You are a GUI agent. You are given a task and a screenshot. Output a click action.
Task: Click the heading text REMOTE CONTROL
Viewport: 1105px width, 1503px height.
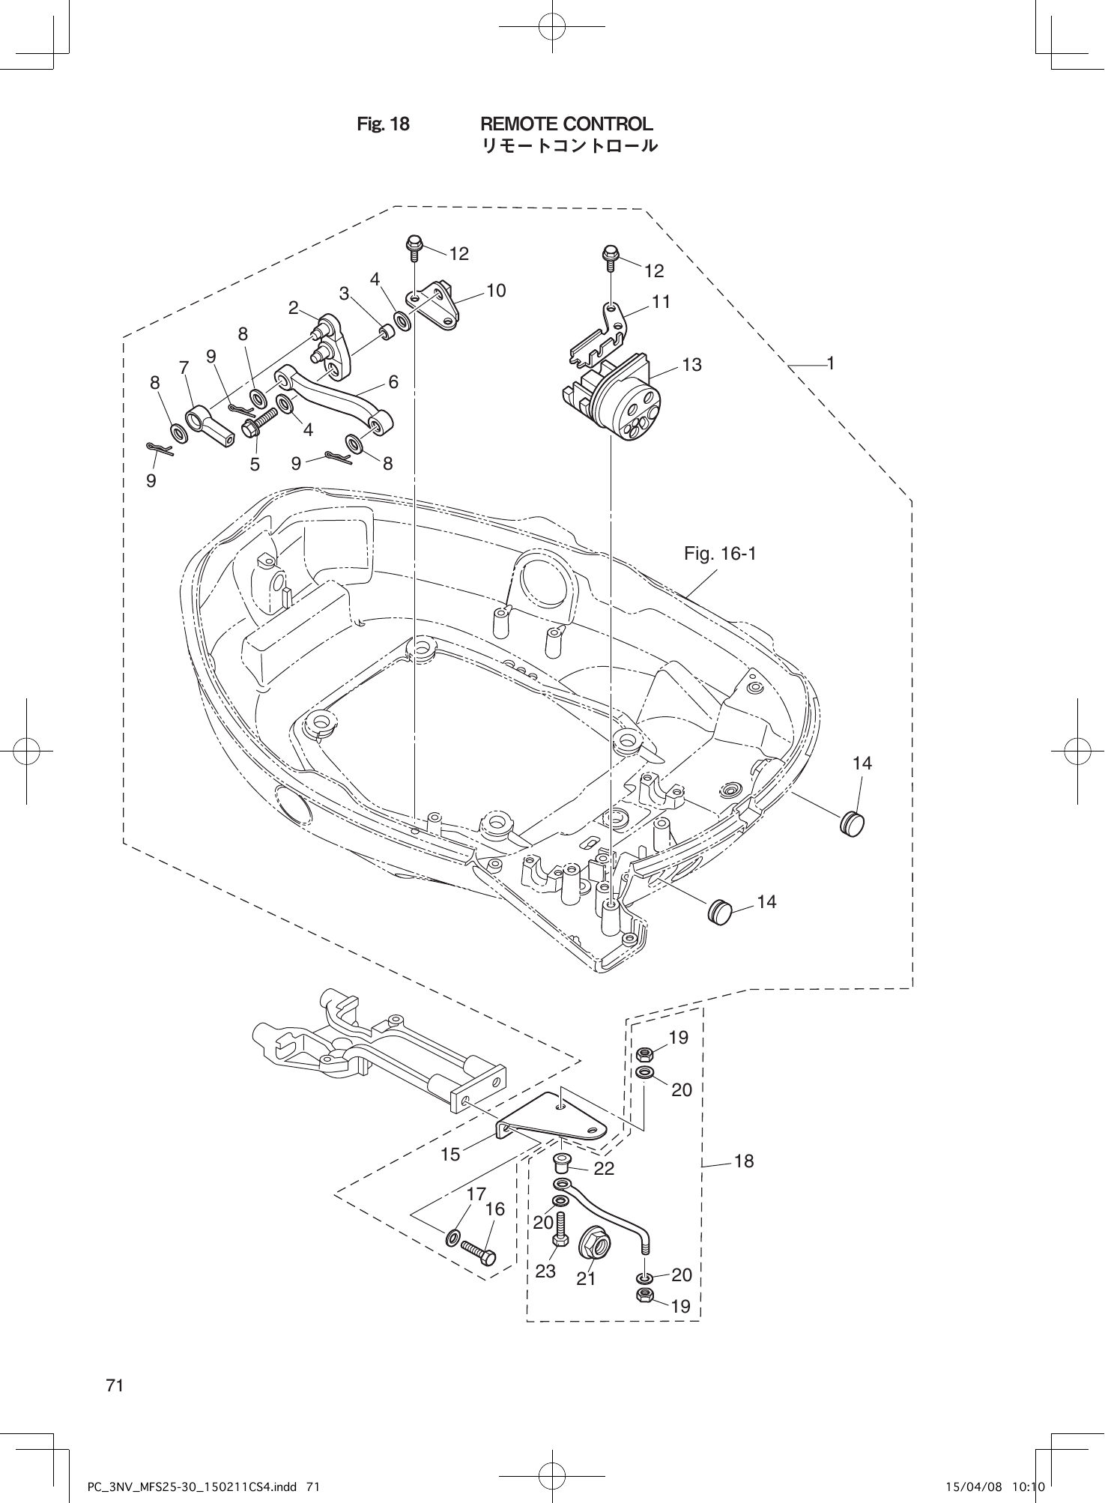566,124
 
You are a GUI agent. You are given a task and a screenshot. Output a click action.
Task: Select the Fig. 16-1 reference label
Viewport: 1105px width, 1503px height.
720,554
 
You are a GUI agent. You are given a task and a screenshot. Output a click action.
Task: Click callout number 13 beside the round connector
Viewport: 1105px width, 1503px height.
691,365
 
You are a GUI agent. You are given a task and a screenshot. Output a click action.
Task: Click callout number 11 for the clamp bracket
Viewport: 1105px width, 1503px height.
661,302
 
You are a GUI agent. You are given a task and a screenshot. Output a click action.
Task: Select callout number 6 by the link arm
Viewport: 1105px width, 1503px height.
393,382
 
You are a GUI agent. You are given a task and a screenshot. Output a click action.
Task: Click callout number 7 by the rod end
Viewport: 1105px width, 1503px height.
184,367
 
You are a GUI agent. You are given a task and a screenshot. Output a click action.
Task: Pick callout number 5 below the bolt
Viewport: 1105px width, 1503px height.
255,465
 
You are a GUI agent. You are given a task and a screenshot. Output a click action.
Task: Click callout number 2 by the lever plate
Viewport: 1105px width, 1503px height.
294,307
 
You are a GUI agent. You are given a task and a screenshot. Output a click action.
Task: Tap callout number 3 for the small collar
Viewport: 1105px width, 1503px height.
344,294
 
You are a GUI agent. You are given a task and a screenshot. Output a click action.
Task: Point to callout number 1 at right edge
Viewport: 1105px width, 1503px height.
830,363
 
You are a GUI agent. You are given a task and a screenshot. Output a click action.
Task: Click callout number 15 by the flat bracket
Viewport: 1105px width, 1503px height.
450,1155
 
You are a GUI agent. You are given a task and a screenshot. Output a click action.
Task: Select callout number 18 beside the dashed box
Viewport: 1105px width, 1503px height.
744,1161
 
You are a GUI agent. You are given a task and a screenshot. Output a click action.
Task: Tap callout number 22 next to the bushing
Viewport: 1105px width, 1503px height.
604,1169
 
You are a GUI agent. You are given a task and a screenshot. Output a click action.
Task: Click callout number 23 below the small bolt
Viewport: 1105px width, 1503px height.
545,1271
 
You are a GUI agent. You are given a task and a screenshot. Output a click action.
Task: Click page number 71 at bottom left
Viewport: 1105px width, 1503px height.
115,1385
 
